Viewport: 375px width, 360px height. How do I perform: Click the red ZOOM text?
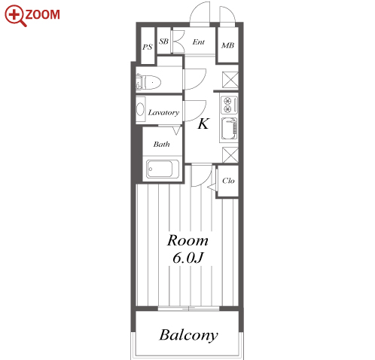click(x=43, y=14)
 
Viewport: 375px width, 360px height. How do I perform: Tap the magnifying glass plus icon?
click(x=15, y=15)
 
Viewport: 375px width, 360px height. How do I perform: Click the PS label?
click(x=148, y=47)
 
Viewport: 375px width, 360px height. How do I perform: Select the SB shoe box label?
click(x=163, y=41)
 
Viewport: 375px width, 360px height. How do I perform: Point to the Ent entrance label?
click(x=199, y=42)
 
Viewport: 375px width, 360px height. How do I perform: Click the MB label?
click(x=227, y=45)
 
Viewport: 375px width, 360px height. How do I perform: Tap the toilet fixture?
click(x=148, y=81)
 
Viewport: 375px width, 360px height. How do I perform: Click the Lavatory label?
click(x=163, y=112)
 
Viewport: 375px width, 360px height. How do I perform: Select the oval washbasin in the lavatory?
click(x=140, y=109)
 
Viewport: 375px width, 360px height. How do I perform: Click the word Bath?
click(x=161, y=144)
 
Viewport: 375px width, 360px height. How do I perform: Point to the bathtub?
click(x=163, y=169)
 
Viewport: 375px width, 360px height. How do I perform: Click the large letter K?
click(x=203, y=124)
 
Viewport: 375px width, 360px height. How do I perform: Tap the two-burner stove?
click(x=229, y=105)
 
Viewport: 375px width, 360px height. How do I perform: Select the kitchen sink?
click(x=229, y=129)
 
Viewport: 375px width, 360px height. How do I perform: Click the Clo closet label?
click(x=228, y=181)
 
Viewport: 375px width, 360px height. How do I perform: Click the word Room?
click(x=187, y=240)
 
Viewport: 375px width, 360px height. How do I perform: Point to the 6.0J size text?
click(x=187, y=258)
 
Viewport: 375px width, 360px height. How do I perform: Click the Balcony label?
click(x=189, y=335)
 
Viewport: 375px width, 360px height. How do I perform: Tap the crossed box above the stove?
click(x=230, y=80)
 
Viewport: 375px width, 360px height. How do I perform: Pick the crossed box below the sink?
click(x=230, y=155)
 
